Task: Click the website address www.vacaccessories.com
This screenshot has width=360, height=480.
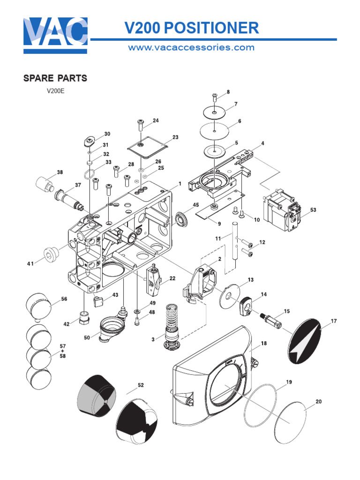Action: [191, 47]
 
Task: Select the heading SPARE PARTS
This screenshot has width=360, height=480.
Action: [55, 78]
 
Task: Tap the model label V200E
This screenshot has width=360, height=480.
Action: [55, 91]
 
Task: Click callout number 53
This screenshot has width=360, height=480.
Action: [313, 210]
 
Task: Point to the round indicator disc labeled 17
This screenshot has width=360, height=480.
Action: [305, 342]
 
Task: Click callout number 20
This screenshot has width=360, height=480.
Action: [319, 401]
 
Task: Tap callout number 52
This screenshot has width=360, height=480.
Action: [141, 385]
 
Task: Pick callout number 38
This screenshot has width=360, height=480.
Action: [60, 172]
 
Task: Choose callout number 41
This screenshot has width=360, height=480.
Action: [30, 264]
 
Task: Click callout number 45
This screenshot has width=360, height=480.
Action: [196, 204]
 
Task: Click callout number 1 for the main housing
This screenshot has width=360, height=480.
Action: [179, 183]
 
